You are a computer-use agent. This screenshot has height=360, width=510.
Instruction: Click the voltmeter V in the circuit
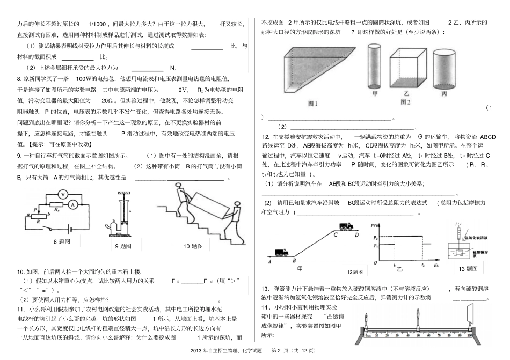(63, 194)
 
